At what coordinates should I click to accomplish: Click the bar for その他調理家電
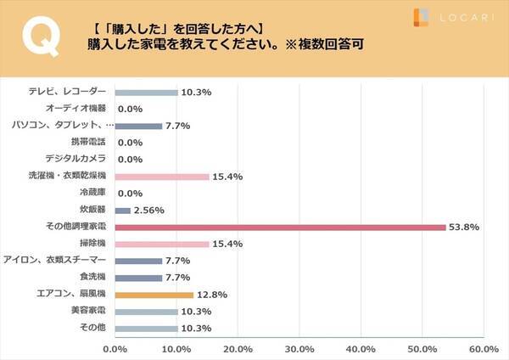pos(280,228)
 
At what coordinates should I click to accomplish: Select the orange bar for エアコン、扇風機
pos(154,295)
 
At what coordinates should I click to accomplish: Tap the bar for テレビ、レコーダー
pos(146,92)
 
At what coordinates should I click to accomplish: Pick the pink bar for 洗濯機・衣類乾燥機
pos(161,177)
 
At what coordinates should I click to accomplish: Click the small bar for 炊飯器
pos(122,211)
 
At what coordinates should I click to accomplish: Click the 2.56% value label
pos(149,211)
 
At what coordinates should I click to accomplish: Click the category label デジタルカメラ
pos(76,159)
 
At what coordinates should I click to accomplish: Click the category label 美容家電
pos(87,312)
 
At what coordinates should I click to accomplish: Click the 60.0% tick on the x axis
pos(484,348)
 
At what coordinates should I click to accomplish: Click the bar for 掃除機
pos(161,245)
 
